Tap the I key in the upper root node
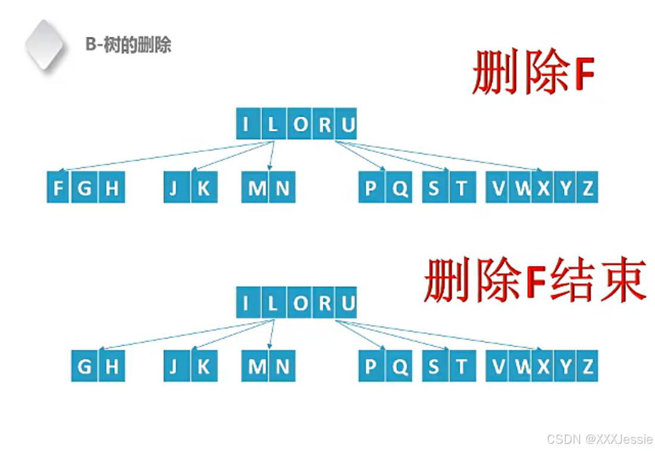(x=246, y=124)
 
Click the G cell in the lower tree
(x=85, y=367)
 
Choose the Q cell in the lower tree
(x=400, y=367)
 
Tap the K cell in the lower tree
(x=203, y=367)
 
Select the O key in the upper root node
(x=301, y=124)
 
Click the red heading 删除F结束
(x=534, y=280)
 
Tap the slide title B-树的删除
(x=128, y=45)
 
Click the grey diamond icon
(x=45, y=45)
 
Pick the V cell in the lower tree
(x=498, y=367)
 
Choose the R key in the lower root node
(x=325, y=303)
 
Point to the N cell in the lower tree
(x=282, y=367)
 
